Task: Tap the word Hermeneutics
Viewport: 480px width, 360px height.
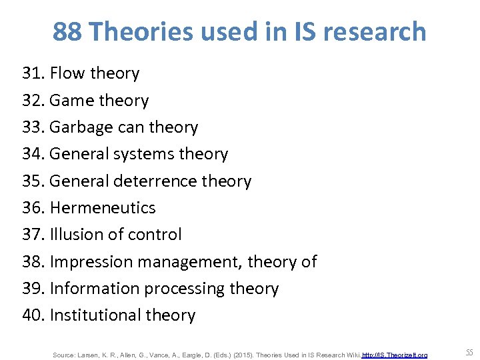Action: [103, 208]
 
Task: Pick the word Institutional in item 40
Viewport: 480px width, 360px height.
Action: [92, 315]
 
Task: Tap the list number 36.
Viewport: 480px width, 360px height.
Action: [33, 208]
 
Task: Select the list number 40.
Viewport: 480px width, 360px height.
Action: [33, 315]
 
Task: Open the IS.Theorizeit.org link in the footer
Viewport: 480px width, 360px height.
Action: [395, 355]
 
